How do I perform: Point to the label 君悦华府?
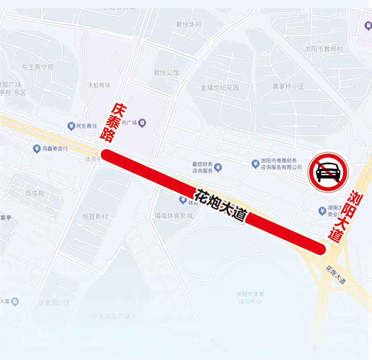pos(188,25)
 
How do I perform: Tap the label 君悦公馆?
pos(166,72)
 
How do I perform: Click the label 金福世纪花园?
pos(219,87)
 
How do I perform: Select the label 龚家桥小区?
pos(288,86)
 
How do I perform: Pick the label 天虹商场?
pos(99,85)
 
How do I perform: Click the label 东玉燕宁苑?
pos(38,67)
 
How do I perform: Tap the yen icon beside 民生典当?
pos(71,126)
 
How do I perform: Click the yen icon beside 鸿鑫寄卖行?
pos(36,149)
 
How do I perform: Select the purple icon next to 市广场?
pos(142,123)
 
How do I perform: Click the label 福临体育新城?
pos(173,216)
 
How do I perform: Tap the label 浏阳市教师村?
pos(323,49)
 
